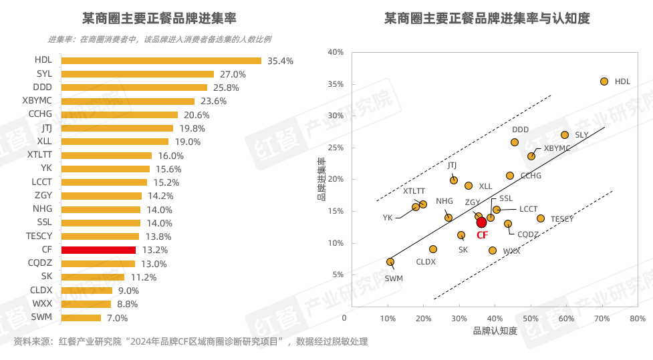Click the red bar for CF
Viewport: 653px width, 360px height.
pos(98,250)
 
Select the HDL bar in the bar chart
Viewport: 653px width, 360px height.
pos(161,60)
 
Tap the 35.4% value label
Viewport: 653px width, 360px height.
pos(280,61)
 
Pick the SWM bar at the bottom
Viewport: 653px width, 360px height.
pos(81,317)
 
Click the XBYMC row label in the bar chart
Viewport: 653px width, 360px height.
pos(37,101)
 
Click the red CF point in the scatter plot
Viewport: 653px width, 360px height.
pos(482,222)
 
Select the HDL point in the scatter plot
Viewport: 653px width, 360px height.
pos(604,81)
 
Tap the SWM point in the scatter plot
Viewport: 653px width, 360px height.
pos(390,262)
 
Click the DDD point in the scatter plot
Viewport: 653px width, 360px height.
pos(515,142)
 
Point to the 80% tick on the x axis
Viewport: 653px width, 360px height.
pos(637,319)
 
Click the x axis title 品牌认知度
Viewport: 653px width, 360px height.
pos(495,331)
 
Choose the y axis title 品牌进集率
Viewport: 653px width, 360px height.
pos(321,179)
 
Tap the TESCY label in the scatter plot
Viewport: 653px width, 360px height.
pos(562,219)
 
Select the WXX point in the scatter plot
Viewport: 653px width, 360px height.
pos(493,250)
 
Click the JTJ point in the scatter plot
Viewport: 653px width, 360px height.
pos(454,180)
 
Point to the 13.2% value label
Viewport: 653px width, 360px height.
pos(154,250)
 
